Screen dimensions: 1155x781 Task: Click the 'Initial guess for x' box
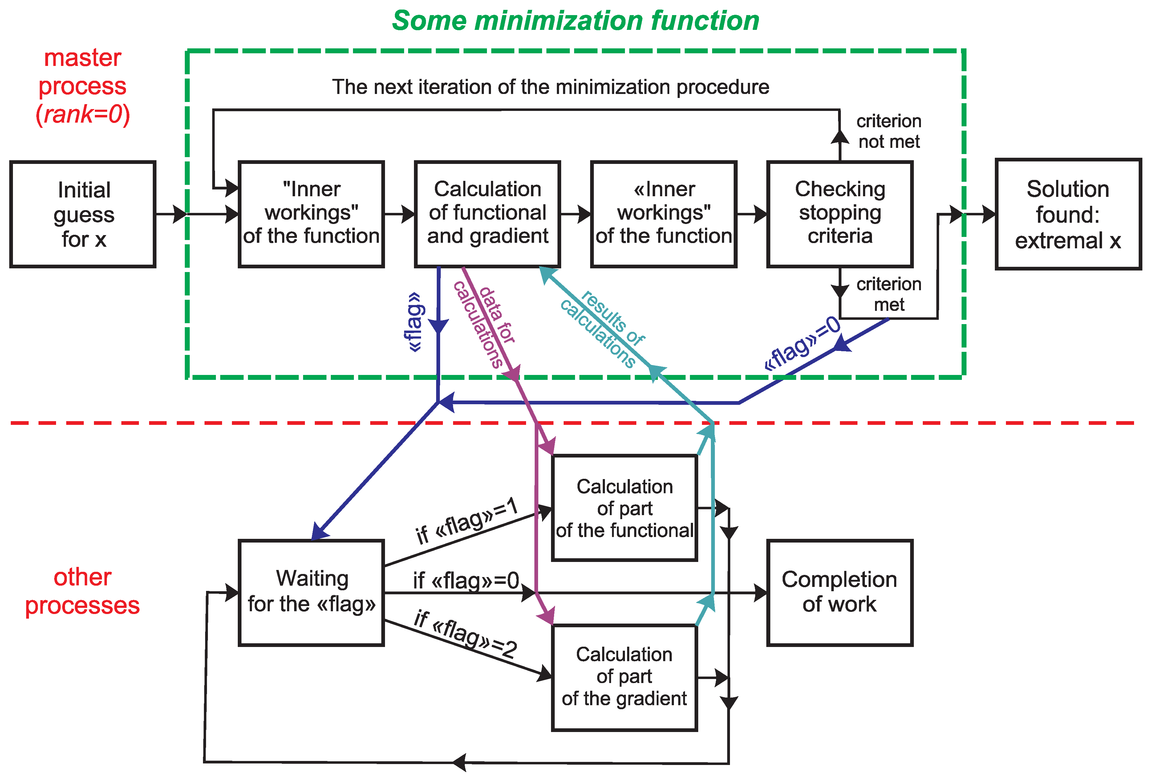click(x=83, y=214)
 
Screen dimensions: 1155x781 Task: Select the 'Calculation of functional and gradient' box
click(x=488, y=214)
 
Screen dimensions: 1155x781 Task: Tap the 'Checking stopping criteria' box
click(x=840, y=214)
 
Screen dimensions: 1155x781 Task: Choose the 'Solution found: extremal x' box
click(x=1068, y=214)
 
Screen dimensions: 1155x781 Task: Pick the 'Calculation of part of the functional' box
click(x=625, y=508)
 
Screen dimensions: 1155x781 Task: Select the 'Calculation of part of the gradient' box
click(x=625, y=677)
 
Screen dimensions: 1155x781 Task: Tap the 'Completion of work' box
click(x=840, y=592)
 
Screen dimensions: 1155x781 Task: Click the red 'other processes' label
click(x=83, y=591)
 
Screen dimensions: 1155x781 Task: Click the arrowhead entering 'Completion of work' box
click(x=761, y=592)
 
